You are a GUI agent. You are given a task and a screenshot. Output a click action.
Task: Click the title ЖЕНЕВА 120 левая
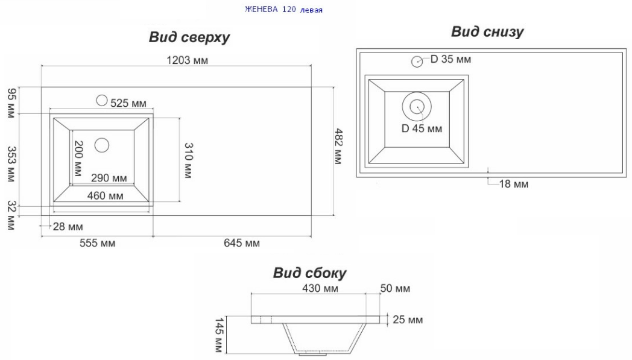pyautogui.click(x=283, y=10)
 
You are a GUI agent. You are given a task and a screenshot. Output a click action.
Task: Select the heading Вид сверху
pyautogui.click(x=189, y=37)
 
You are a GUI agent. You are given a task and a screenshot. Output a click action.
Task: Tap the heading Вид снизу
pyautogui.click(x=487, y=31)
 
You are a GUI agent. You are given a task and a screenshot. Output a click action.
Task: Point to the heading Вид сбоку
pyautogui.click(x=309, y=273)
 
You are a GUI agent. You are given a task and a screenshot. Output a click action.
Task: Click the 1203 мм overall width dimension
pyautogui.click(x=188, y=60)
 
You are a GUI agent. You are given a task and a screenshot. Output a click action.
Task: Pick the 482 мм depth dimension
pyautogui.click(x=338, y=147)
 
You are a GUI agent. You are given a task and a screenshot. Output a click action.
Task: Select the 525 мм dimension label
pyautogui.click(x=128, y=104)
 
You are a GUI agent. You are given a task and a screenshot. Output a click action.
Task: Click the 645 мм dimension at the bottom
pyautogui.click(x=242, y=243)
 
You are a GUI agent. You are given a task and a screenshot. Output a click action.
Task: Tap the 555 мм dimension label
pyautogui.click(x=97, y=243)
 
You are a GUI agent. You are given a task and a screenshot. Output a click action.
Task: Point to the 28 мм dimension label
pyautogui.click(x=68, y=227)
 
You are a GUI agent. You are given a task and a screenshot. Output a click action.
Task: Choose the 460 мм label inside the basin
pyautogui.click(x=105, y=196)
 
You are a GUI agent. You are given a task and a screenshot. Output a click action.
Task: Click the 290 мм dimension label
pyautogui.click(x=109, y=178)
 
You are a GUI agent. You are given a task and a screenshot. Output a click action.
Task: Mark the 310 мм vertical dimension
pyautogui.click(x=188, y=160)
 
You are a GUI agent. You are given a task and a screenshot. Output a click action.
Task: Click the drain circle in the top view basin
pyautogui.click(x=102, y=145)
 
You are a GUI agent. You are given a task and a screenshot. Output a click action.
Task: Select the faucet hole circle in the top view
pyautogui.click(x=101, y=100)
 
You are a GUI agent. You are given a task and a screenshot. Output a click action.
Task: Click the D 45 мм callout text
pyautogui.click(x=422, y=128)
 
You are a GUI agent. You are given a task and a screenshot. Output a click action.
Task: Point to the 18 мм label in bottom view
pyautogui.click(x=514, y=185)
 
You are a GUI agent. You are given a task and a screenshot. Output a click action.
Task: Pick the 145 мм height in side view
pyautogui.click(x=218, y=335)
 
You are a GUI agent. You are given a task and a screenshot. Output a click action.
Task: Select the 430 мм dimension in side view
pyautogui.click(x=320, y=289)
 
